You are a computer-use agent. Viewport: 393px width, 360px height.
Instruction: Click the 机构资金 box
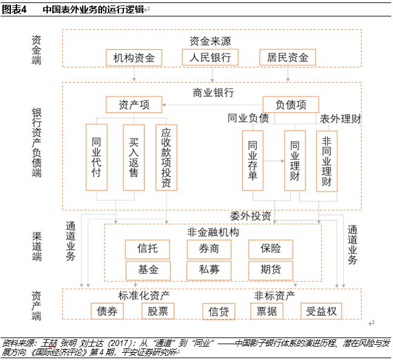[134, 58]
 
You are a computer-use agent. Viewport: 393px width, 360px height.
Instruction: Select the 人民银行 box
[210, 57]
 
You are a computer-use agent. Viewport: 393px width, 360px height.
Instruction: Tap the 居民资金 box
[287, 57]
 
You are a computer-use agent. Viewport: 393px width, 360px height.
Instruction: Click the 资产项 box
[134, 105]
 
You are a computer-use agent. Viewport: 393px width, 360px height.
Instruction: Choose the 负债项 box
[291, 105]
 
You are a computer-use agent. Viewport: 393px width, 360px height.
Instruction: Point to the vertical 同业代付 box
[97, 157]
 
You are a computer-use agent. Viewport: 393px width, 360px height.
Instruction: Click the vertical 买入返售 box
[134, 157]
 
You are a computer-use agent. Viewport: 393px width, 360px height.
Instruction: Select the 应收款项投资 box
[166, 157]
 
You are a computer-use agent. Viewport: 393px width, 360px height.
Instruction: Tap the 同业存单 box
[253, 161]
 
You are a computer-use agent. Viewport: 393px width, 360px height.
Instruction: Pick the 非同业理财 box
[327, 161]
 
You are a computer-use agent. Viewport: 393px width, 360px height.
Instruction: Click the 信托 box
[148, 249]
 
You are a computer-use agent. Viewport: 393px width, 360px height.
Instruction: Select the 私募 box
[209, 270]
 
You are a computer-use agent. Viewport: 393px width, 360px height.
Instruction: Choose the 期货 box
[271, 270]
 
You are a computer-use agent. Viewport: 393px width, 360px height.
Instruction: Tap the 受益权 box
[321, 311]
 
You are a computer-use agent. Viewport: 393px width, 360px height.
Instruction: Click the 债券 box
[107, 311]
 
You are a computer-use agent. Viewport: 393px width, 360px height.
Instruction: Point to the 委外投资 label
[251, 216]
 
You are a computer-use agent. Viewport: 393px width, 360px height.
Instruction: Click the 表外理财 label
[340, 119]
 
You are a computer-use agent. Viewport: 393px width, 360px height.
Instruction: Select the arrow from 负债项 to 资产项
[212, 105]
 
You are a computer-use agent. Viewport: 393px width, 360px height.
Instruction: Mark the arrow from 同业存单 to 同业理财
[274, 161]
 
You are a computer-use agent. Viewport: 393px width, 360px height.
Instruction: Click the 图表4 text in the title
[14, 10]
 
